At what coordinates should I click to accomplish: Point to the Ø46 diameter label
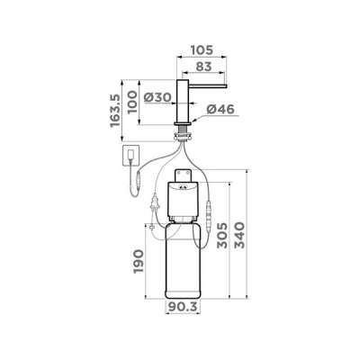[220, 110]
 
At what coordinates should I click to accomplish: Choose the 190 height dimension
[137, 261]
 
